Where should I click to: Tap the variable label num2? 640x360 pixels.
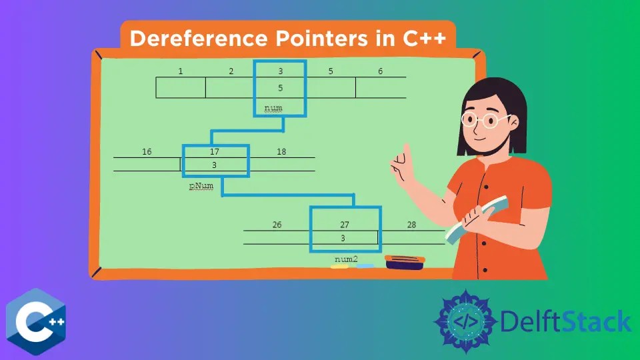point(347,259)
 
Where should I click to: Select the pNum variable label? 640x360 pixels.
point(201,187)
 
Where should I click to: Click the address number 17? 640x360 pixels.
point(214,151)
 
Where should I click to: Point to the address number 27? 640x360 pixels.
point(345,225)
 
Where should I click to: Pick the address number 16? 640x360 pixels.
point(147,151)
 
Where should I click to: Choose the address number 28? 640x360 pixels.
point(411,225)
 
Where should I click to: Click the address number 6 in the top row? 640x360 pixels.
point(381,71)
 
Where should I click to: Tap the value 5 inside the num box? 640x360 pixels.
point(281,87)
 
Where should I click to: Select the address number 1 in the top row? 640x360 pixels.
point(181,71)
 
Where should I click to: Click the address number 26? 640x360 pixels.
point(277,225)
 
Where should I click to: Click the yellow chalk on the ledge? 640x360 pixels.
point(339,267)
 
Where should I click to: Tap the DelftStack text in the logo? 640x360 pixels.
point(565,321)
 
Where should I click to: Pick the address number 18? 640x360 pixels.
point(281,151)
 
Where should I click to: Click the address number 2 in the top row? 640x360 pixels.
point(231,71)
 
